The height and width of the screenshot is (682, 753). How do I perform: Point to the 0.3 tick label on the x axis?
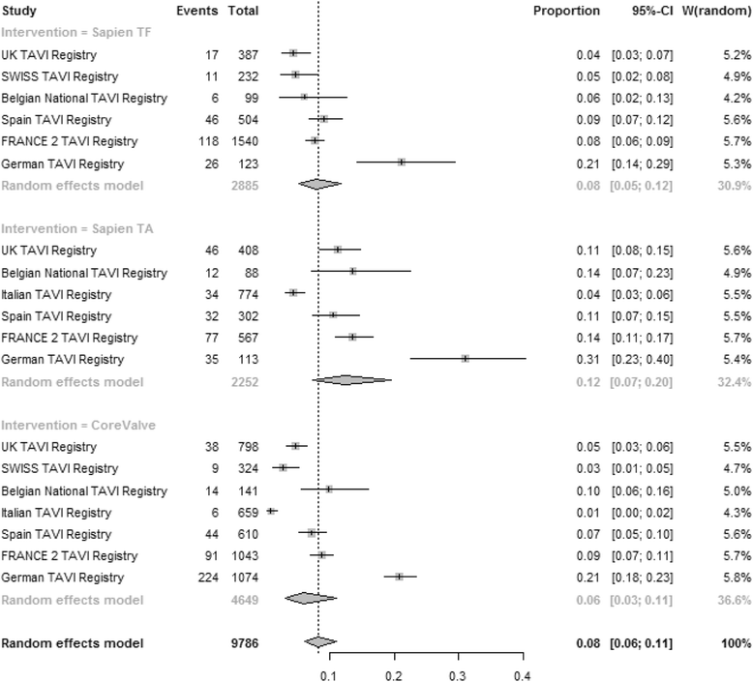[458, 672]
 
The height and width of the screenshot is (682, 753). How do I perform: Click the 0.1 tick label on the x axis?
[329, 672]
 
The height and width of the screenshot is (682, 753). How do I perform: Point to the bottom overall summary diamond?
[319, 642]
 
